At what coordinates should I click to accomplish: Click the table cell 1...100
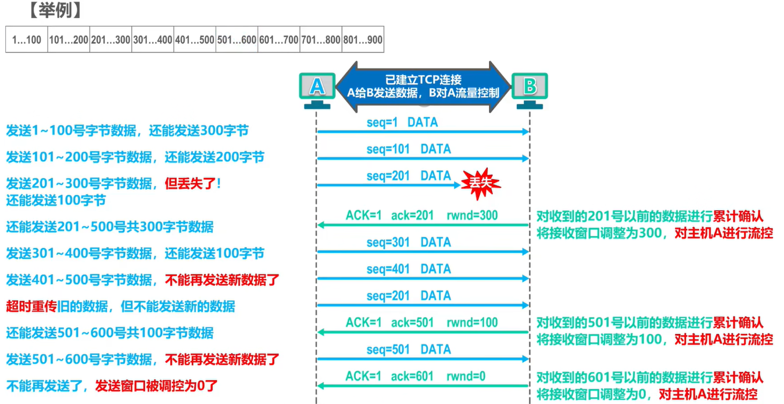pos(27,40)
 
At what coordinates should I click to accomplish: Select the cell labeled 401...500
pos(195,40)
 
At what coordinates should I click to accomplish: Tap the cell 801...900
pos(363,40)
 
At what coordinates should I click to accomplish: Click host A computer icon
pos(317,88)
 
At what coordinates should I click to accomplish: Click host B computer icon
pos(530,88)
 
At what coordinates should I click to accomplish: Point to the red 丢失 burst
pos(480,183)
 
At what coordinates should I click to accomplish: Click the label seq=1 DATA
pos(402,122)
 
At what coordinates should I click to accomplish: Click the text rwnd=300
pos(472,215)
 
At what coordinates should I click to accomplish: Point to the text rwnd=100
pos(472,323)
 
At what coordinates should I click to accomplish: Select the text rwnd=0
pos(466,376)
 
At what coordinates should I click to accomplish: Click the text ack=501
pos(412,323)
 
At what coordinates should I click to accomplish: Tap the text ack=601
pos(412,376)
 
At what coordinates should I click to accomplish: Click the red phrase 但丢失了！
pos(193,183)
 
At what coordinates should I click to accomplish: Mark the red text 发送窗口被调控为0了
pos(156,385)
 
